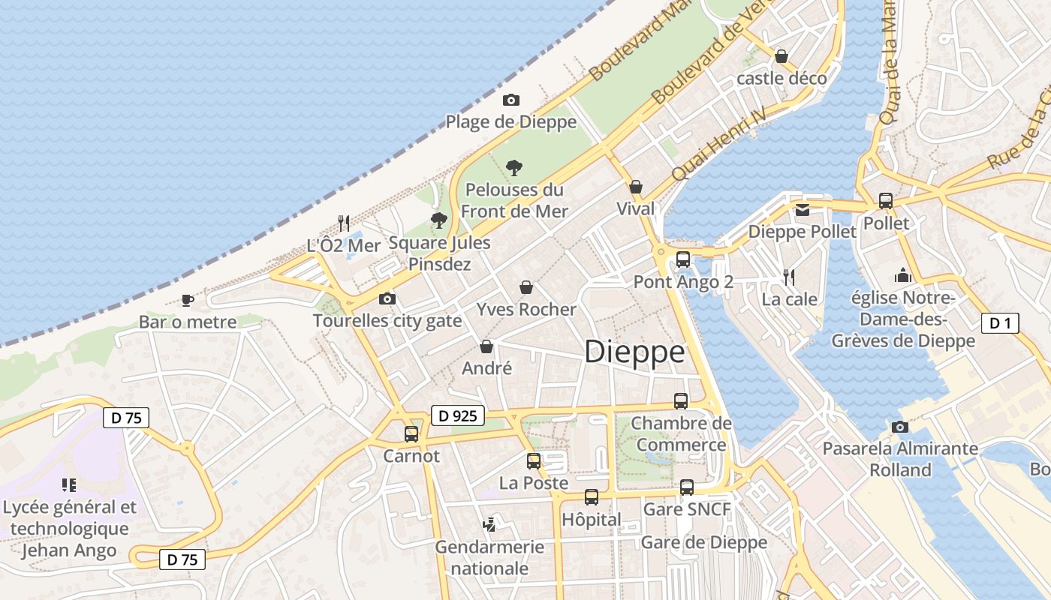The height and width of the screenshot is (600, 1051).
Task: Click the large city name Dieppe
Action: click(634, 352)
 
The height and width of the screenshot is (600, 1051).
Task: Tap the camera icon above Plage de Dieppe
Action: click(511, 100)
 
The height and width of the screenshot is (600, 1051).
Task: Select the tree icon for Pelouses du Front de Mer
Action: click(514, 167)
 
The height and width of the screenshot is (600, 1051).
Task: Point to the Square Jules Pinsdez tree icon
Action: click(439, 220)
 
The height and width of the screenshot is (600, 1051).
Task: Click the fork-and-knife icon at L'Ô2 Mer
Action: click(344, 223)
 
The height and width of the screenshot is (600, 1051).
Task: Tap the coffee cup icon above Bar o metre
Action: click(188, 300)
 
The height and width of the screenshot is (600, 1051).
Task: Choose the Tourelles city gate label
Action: click(387, 321)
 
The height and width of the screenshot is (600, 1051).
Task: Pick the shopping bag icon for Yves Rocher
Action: click(526, 287)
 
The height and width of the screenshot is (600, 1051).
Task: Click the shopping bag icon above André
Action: click(486, 346)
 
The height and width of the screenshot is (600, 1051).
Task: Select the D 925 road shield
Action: click(458, 415)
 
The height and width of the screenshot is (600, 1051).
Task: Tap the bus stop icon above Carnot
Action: click(411, 433)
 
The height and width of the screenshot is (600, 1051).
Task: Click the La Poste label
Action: click(534, 483)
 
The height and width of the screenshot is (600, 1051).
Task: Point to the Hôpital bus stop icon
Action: click(592, 496)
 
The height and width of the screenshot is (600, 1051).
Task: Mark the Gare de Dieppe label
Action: click(704, 542)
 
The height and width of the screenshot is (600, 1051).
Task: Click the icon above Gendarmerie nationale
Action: click(489, 524)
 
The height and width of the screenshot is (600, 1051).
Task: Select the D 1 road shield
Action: click(1000, 323)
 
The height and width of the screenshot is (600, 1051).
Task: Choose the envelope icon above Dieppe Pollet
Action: click(803, 209)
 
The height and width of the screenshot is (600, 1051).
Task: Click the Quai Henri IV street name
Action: click(718, 142)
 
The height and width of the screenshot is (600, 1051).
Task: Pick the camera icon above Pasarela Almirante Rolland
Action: click(900, 427)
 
